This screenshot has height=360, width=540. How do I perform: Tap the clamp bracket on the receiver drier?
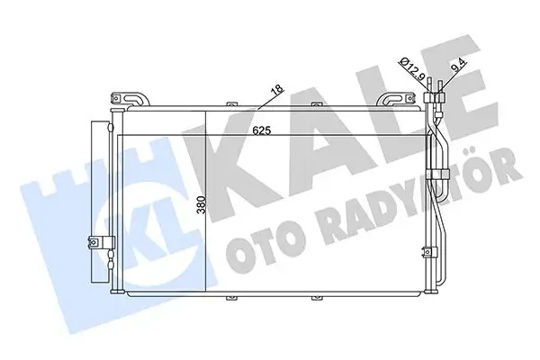[100, 240]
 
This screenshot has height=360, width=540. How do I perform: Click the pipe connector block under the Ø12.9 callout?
[437, 89]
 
